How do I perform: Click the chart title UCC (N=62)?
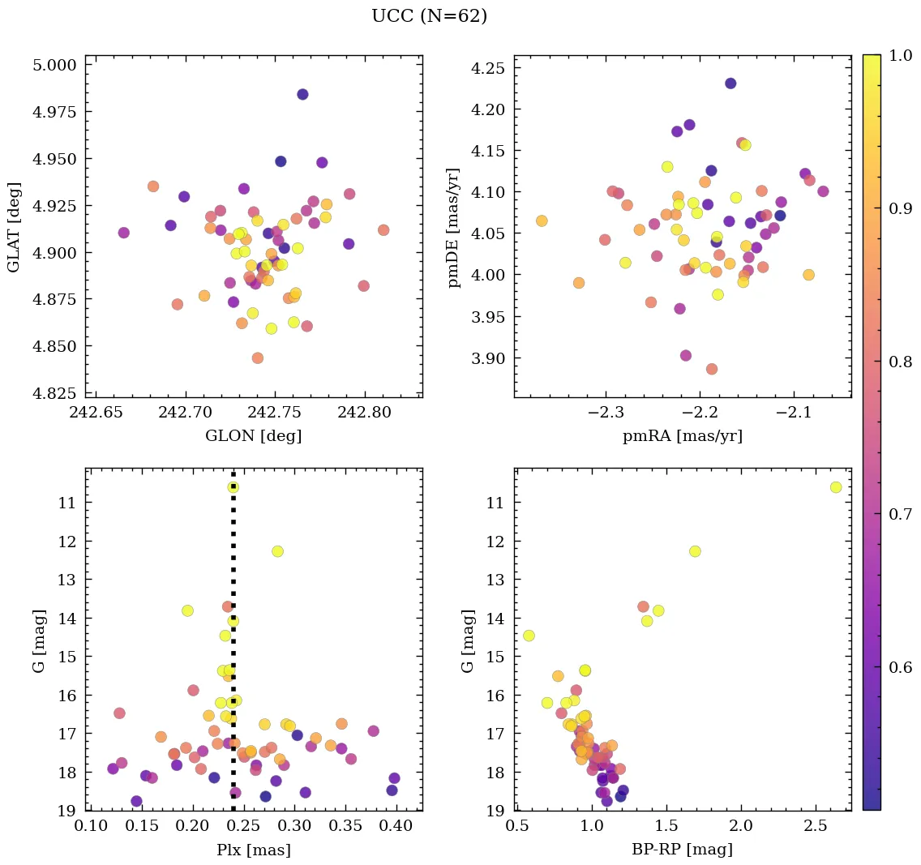[429, 16]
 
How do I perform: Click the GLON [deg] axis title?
[253, 436]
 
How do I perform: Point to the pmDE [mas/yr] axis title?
[454, 225]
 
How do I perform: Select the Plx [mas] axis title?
[253, 850]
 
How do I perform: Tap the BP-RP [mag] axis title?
[682, 850]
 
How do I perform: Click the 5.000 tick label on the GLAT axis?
[55, 66]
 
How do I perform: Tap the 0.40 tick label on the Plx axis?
[396, 826]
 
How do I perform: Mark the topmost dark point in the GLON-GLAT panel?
[302, 95]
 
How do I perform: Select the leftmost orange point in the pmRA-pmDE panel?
[542, 221]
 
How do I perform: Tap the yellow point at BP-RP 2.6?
[836, 487]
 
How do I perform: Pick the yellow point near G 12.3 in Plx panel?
[277, 551]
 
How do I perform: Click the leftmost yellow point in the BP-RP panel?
[529, 636]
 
